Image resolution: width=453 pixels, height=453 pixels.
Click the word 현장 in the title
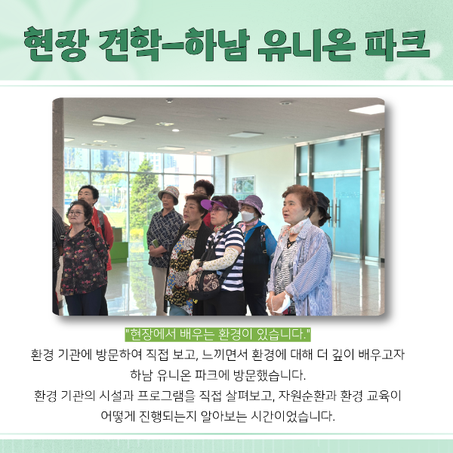tap(57, 45)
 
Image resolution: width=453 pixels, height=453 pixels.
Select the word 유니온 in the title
tap(307, 45)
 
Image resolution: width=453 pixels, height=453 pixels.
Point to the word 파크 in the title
tap(398, 45)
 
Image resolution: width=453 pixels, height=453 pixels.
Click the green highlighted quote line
tap(218, 334)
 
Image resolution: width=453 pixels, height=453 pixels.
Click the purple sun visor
tap(213, 205)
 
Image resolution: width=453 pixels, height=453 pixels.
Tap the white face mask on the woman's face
tap(248, 216)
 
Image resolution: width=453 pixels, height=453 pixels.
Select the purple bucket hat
tap(252, 203)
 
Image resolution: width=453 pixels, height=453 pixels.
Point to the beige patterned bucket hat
tap(169, 193)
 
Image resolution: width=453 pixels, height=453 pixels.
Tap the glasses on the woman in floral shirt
tap(75, 214)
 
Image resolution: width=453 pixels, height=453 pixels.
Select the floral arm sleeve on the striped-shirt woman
tap(216, 260)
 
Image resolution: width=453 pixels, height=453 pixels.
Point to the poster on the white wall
tap(243, 185)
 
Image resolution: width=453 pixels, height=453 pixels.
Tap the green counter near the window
tap(119, 252)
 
